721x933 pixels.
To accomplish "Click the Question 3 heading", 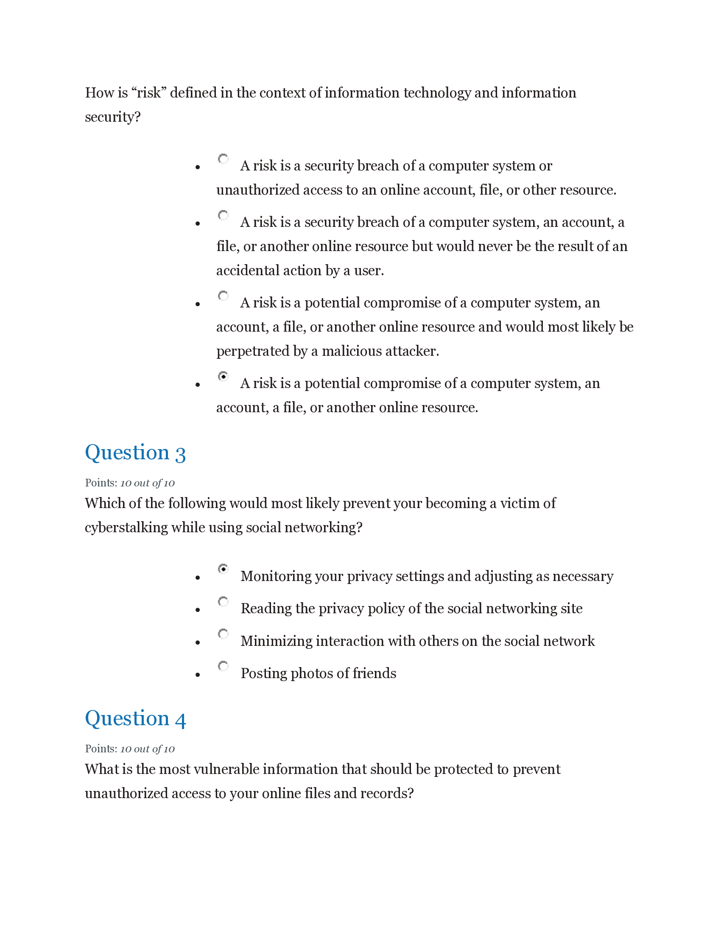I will (x=135, y=453).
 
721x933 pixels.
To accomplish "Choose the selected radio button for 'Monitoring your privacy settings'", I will (x=223, y=569).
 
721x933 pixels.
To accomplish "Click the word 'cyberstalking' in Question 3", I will (x=126, y=528).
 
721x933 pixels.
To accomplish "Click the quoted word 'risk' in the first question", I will (x=148, y=93).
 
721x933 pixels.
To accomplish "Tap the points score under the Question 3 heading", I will (x=147, y=483).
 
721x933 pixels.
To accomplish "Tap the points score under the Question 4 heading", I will (x=147, y=749).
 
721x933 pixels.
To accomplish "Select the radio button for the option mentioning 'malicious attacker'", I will (x=223, y=295).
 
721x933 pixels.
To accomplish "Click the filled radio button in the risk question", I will (x=223, y=376).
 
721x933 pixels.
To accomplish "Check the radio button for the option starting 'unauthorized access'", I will (x=223, y=159).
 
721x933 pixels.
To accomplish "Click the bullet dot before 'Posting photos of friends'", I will (x=197, y=675).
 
